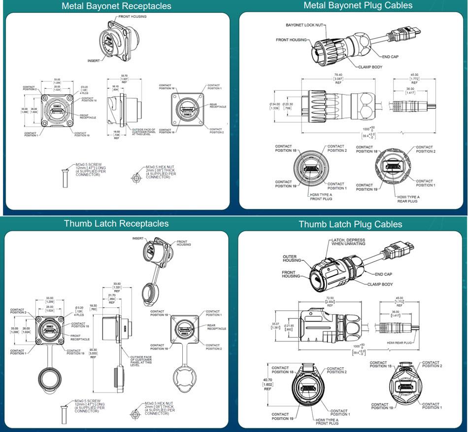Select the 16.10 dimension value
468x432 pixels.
(115, 88)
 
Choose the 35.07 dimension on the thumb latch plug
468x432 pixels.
(275, 326)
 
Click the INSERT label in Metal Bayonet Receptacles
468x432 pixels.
(94, 61)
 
